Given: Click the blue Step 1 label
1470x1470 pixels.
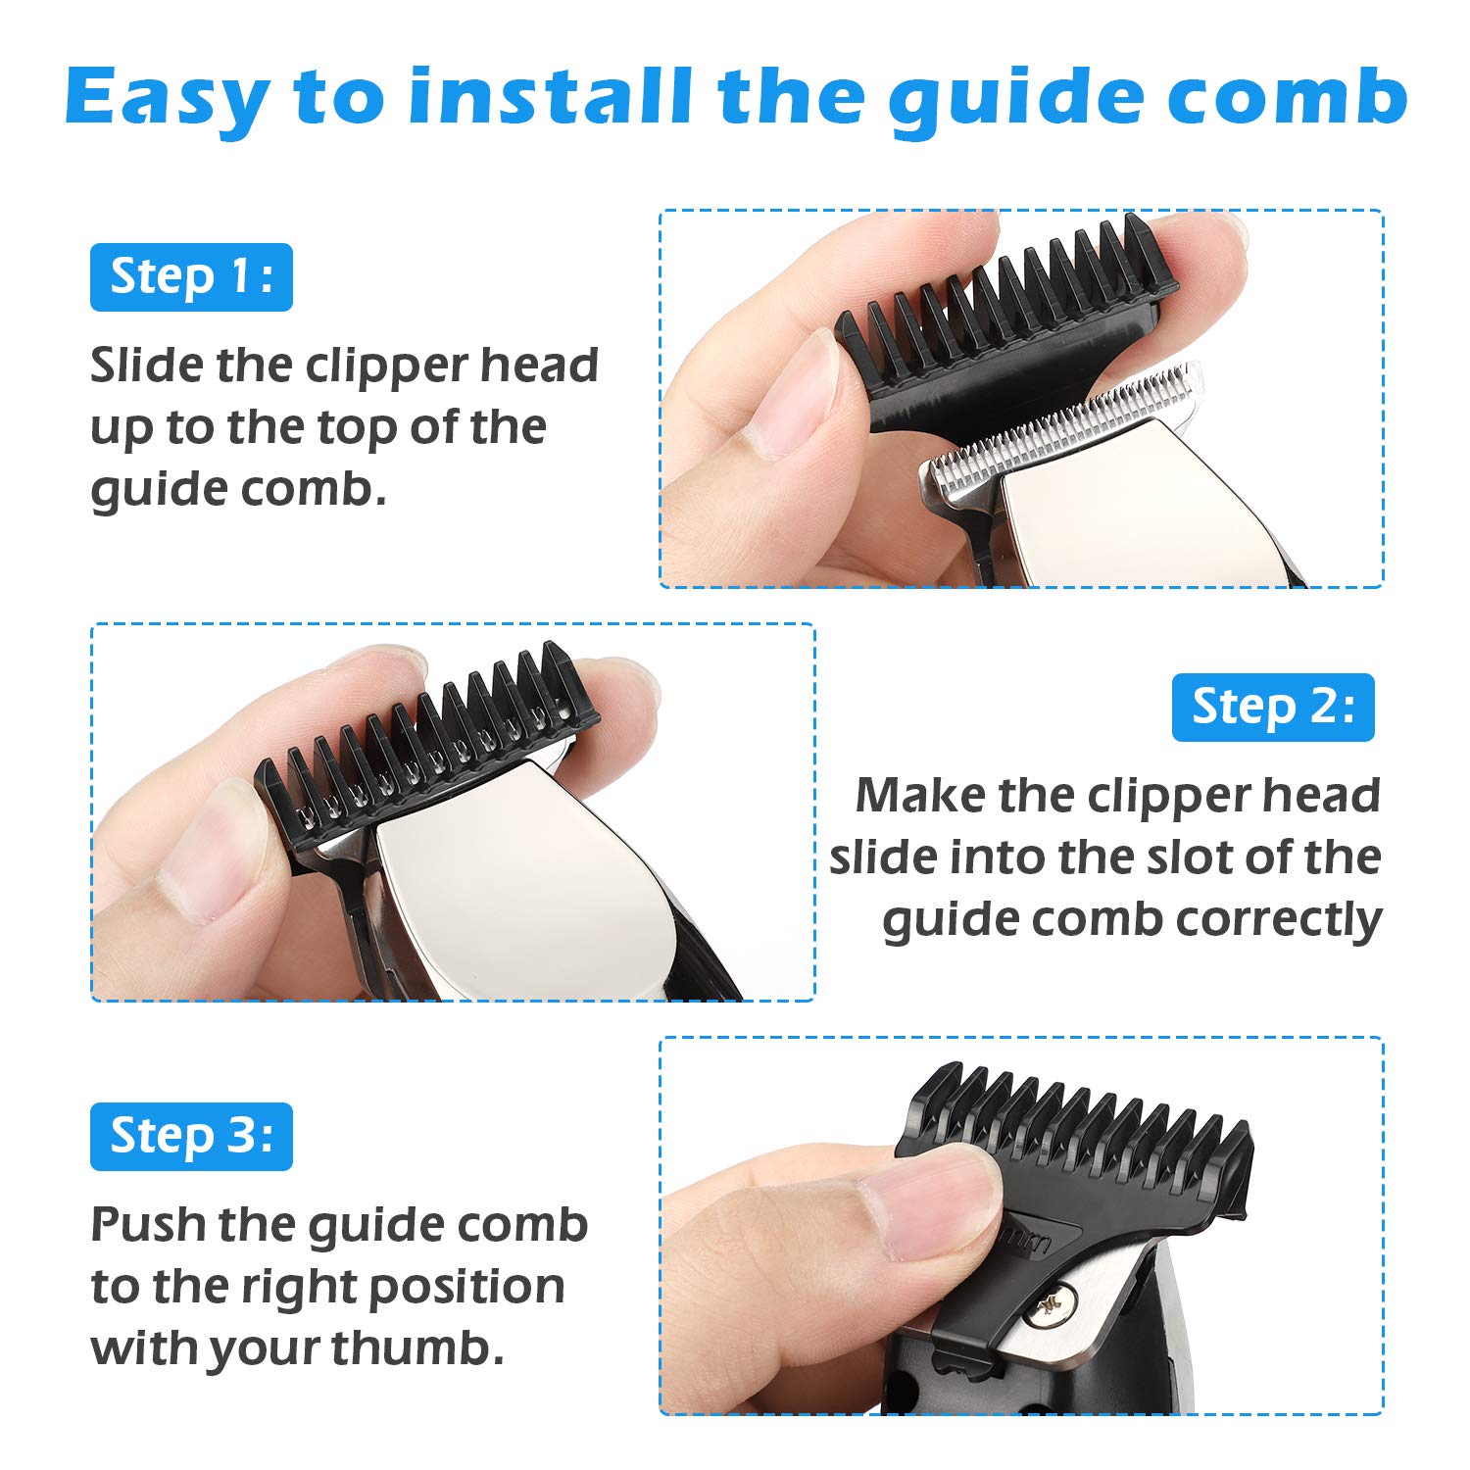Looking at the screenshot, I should point(191,277).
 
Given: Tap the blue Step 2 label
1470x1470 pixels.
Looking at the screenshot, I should point(1273,708).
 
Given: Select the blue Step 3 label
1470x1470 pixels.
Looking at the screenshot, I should point(191,1137).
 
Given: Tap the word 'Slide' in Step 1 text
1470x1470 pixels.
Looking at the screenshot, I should point(147,366).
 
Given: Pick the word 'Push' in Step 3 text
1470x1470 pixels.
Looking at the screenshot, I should point(147,1225).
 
